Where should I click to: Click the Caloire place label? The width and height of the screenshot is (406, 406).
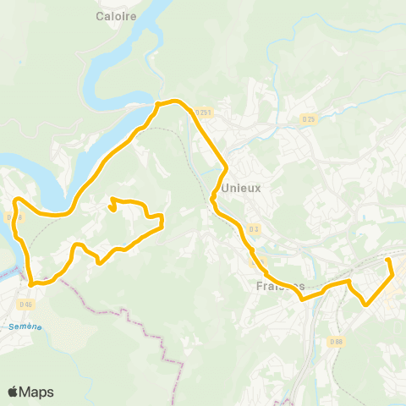tap(117, 15)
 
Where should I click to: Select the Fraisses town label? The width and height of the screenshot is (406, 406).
tap(279, 286)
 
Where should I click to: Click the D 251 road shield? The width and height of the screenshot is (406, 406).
tap(203, 112)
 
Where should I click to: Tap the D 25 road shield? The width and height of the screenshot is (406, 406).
tap(309, 119)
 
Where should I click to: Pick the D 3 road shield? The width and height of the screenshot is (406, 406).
tap(255, 229)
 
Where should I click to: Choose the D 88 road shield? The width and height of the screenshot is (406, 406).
tap(337, 342)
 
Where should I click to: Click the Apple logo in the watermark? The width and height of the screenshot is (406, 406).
tap(14, 392)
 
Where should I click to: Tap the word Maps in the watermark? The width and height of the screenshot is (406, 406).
tap(37, 392)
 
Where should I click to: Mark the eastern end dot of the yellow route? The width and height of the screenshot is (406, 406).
tap(388, 261)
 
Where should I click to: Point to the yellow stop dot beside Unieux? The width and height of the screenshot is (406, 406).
tap(213, 200)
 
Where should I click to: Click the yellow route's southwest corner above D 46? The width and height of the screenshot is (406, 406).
tap(31, 284)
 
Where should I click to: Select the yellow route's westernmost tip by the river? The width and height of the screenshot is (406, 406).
tap(16, 201)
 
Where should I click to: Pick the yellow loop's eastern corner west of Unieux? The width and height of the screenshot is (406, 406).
tap(161, 221)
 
